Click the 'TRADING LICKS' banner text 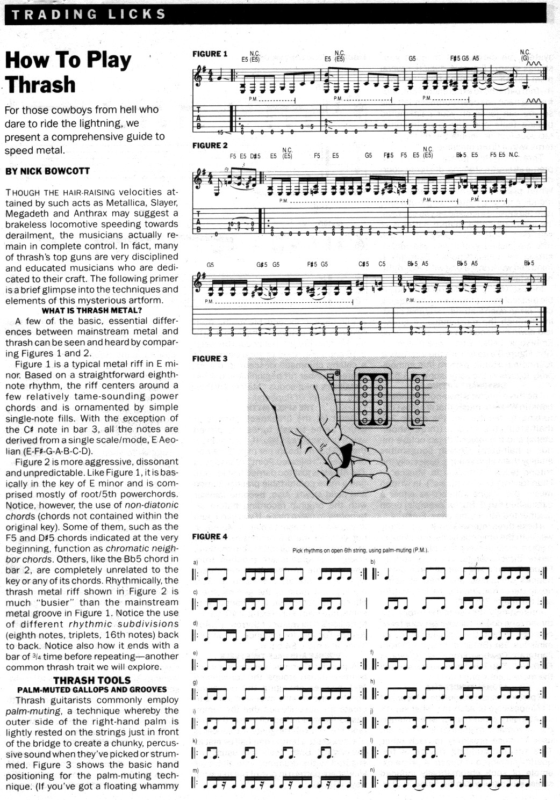[x=89, y=14]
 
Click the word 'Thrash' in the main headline [x=41, y=85]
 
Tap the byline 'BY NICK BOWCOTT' [x=47, y=171]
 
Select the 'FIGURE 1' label [x=210, y=54]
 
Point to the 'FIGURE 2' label [x=210, y=146]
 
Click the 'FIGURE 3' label [x=210, y=359]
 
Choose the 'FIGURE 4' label [x=210, y=536]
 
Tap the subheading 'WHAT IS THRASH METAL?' [x=91, y=310]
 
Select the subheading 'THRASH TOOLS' [x=91, y=680]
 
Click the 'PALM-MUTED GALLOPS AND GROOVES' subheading [x=92, y=689]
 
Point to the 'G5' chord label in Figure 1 [x=412, y=59]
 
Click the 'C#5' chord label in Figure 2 [x=364, y=264]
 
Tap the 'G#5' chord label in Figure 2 [x=262, y=264]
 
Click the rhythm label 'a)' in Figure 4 [x=195, y=562]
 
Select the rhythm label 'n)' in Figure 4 [x=372, y=770]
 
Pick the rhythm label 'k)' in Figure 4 [x=195, y=740]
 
